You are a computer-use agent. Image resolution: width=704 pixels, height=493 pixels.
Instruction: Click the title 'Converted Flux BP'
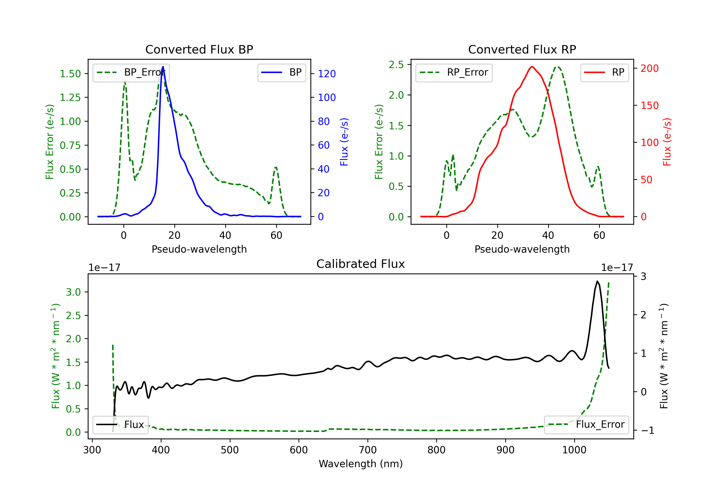tap(199, 49)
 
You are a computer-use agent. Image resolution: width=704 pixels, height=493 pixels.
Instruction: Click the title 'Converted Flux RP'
tap(522, 49)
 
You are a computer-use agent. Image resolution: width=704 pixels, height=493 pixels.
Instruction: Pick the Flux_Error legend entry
tap(586, 425)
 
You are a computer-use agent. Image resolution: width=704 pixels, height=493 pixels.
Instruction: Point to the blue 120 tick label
tap(327, 74)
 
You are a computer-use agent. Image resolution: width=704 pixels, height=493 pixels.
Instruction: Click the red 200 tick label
tap(649, 68)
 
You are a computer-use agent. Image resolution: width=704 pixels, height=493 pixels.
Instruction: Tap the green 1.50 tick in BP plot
tap(70, 74)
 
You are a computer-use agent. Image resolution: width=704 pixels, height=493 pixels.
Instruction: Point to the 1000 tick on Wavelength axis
tap(574, 450)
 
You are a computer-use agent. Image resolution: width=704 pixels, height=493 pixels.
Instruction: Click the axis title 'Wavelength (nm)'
tap(361, 464)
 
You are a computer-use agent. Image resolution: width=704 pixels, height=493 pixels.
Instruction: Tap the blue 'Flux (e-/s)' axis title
tap(344, 142)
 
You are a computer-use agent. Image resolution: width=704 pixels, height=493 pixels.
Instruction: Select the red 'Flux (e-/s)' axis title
tap(667, 142)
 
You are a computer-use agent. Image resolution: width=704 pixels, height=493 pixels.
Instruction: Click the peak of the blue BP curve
tap(163, 67)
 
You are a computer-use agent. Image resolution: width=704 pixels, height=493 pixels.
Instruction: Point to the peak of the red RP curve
tap(532, 67)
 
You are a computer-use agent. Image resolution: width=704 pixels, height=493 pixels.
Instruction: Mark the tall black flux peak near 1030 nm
tap(597, 281)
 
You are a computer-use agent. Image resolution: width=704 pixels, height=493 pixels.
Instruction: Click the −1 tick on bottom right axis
tap(648, 430)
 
